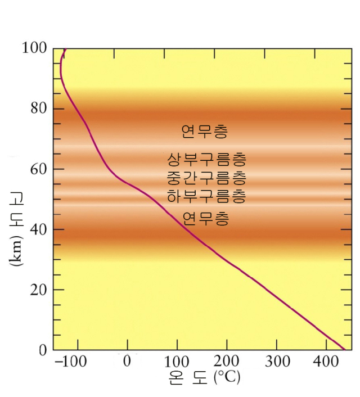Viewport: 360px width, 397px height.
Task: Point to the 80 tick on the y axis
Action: [38, 109]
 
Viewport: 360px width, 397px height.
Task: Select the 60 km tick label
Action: [38, 169]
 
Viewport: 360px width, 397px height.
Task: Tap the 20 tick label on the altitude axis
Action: [38, 290]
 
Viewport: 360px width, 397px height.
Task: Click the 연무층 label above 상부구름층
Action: [205, 132]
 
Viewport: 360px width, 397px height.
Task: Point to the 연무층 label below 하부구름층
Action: [206, 218]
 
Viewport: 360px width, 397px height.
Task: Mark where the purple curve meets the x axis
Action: [344, 349]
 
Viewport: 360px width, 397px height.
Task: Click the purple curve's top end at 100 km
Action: [66, 49]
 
